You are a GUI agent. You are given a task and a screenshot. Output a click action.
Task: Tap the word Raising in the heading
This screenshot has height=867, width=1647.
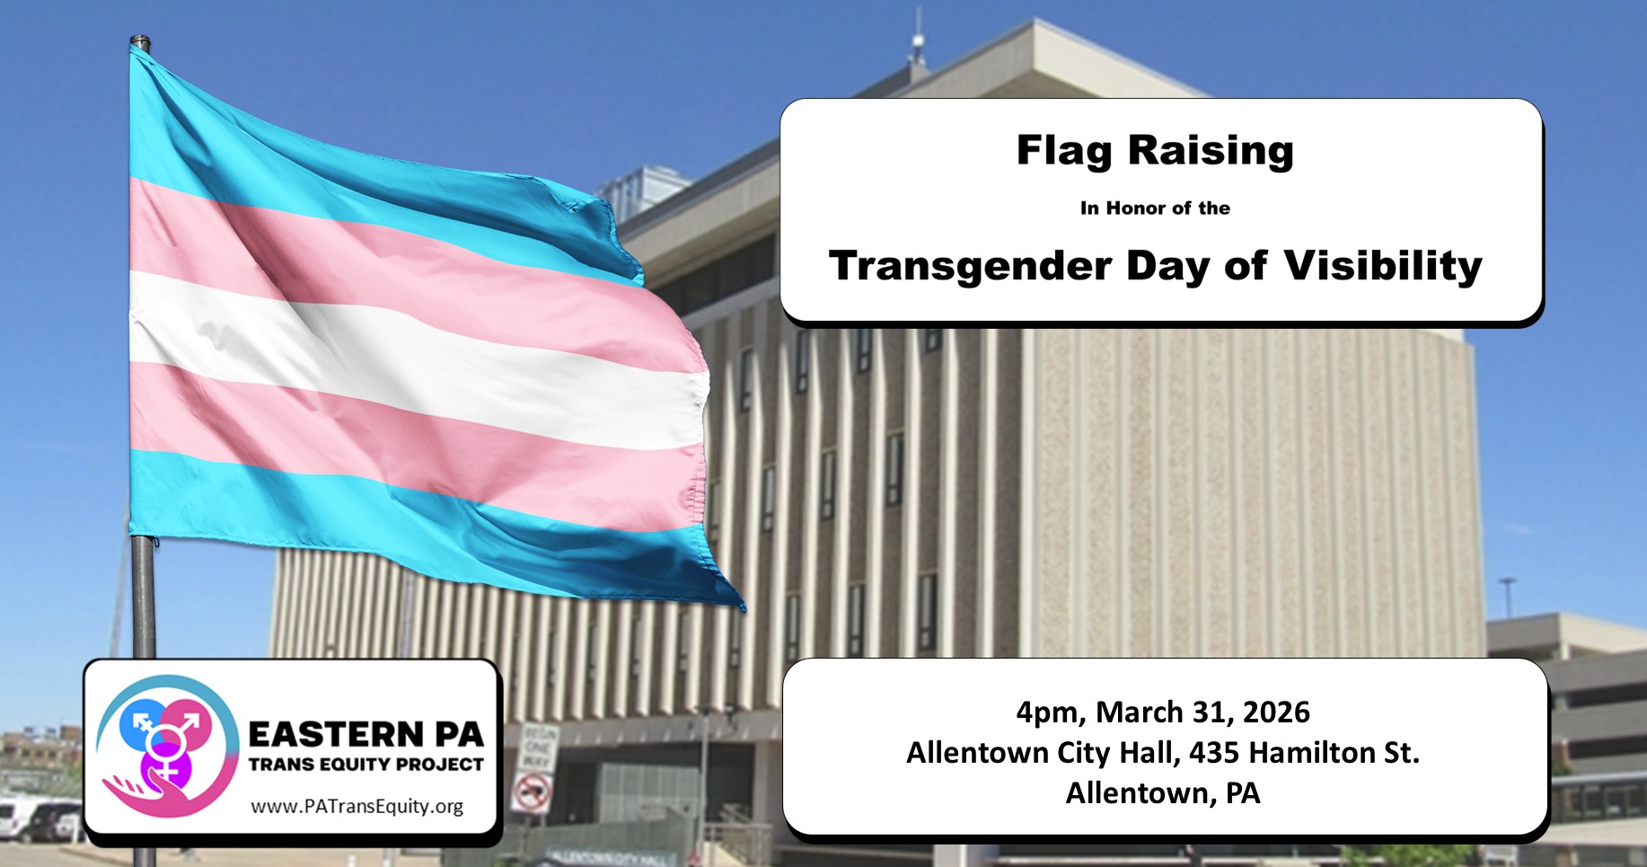(x=1211, y=151)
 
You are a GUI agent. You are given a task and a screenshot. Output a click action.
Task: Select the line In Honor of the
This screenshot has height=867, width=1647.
(x=1155, y=208)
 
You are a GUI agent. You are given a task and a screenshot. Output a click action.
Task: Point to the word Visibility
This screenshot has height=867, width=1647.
(x=1382, y=266)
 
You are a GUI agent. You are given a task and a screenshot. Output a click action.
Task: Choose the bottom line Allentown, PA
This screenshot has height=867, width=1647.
(x=1163, y=793)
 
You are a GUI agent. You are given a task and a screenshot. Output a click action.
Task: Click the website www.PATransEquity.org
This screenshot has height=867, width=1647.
(x=357, y=806)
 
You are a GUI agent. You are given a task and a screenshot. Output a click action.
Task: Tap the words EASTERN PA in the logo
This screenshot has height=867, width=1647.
(x=366, y=734)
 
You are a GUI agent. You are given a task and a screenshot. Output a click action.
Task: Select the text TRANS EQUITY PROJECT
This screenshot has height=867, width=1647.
(x=366, y=765)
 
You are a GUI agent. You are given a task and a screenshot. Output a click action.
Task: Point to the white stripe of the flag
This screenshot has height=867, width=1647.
(x=413, y=359)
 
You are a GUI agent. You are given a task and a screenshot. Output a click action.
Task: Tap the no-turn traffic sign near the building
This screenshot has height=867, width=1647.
(x=533, y=792)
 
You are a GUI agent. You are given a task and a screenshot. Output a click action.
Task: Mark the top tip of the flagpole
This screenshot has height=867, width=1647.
(x=139, y=37)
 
